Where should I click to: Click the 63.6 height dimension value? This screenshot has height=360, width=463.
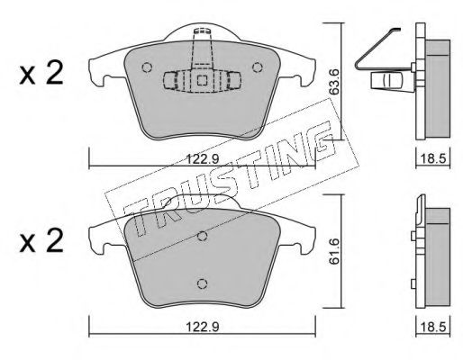click(333, 82)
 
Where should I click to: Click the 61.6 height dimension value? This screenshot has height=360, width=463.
click(334, 251)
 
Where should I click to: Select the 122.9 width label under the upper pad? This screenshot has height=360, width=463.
click(203, 158)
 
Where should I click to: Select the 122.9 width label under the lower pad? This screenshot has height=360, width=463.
click(203, 327)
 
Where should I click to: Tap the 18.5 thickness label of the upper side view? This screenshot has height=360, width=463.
click(432, 158)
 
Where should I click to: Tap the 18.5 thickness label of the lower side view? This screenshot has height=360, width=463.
click(432, 327)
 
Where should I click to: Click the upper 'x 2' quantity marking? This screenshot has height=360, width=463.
click(41, 73)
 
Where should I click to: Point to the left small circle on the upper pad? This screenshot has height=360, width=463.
click(147, 67)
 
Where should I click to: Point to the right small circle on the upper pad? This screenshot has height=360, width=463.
click(258, 67)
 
